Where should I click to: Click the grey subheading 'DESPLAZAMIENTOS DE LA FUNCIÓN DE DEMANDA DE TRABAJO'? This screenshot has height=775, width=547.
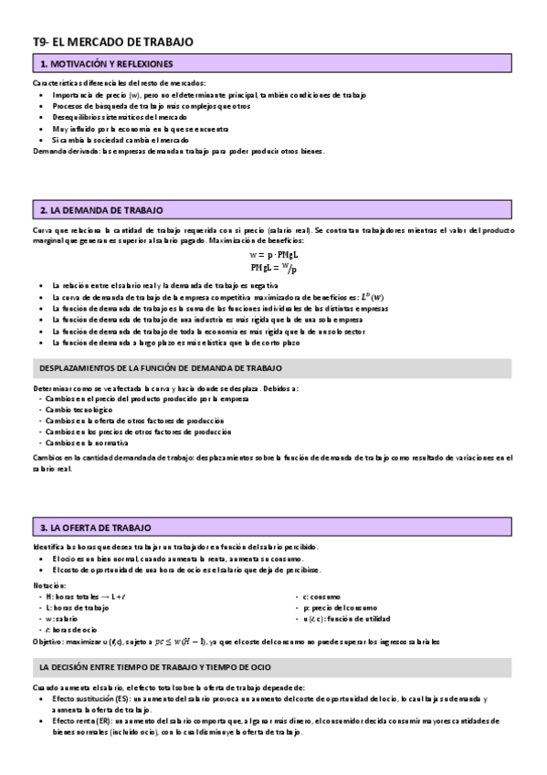tap(161, 367)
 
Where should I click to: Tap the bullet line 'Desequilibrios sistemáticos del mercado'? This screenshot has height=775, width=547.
tap(120, 118)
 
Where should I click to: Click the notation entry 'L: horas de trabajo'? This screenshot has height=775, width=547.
tap(77, 607)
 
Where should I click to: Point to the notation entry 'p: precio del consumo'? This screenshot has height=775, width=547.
tap(330, 607)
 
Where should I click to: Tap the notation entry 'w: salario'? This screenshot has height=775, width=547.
tap(63, 619)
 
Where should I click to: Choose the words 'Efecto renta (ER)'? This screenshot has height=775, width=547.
tap(79, 720)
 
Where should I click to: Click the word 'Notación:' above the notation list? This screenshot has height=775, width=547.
tap(49, 584)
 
